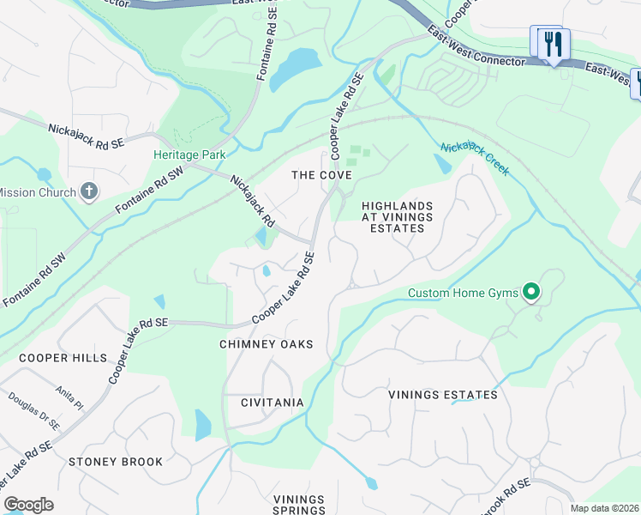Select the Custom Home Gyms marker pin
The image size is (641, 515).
coord(531,294)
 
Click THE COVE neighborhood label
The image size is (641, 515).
coord(321,175)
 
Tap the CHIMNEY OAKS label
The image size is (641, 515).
coord(266,344)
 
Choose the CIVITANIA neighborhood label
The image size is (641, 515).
coord(273,403)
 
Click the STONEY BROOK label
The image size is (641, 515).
coord(116,462)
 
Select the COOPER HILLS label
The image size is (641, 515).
coord(63,358)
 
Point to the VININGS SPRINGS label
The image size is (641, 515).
coord(299,506)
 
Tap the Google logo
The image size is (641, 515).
coord(28,505)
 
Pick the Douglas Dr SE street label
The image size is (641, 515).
coord(34,411)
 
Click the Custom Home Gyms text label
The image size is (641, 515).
coord(463,294)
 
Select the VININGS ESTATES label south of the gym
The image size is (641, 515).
coord(442,395)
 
